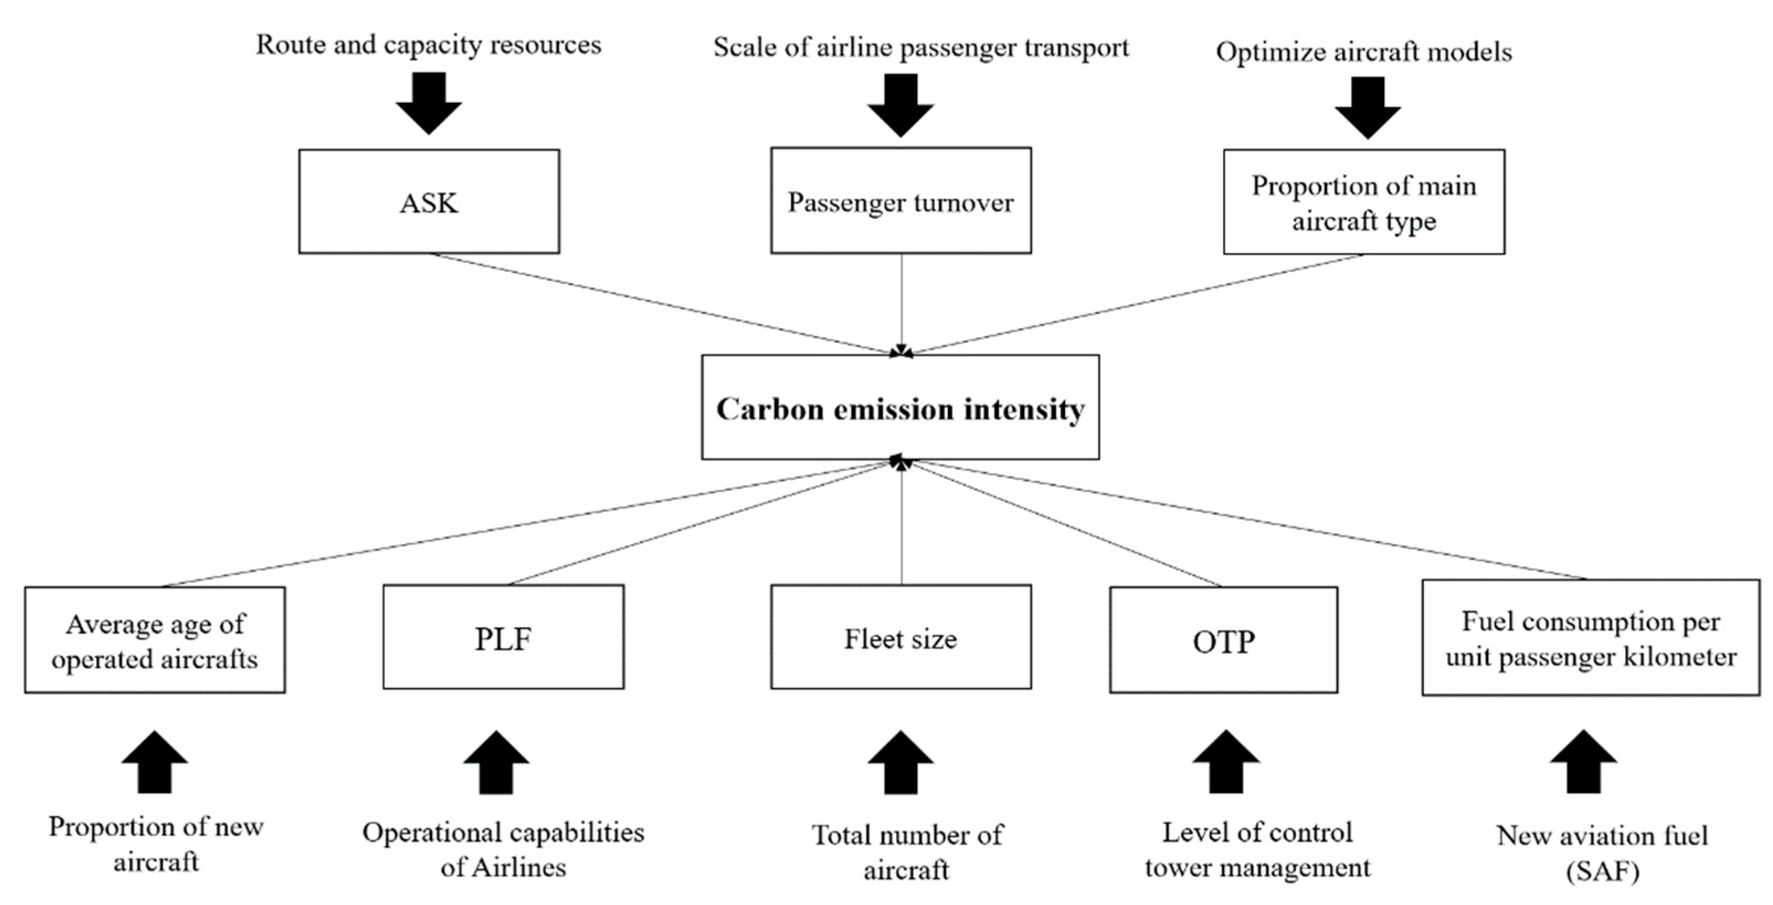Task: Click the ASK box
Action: pyautogui.click(x=429, y=202)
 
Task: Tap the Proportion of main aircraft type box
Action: pyautogui.click(x=1363, y=202)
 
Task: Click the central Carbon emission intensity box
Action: pyautogui.click(x=900, y=408)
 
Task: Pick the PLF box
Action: pyautogui.click(x=503, y=638)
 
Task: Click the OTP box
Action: pyautogui.click(x=1223, y=640)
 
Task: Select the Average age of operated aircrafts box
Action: pyautogui.click(x=155, y=640)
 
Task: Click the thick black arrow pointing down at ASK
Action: pyautogui.click(x=429, y=103)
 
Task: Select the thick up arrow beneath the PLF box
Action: pyautogui.click(x=495, y=763)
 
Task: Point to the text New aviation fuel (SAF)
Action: pyautogui.click(x=1602, y=853)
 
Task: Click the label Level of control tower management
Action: pyautogui.click(x=1257, y=849)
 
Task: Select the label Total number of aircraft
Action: pyautogui.click(x=907, y=852)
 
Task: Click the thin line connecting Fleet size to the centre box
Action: pyautogui.click(x=901, y=523)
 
